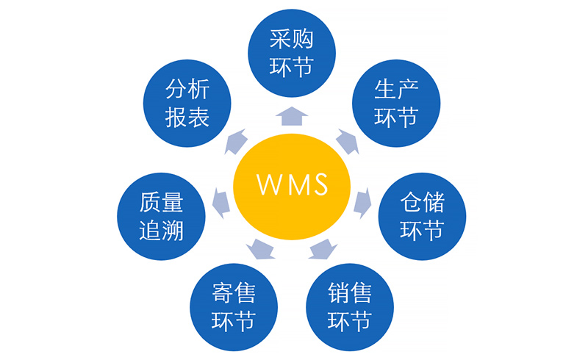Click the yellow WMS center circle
(x=292, y=183)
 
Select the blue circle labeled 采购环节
(x=292, y=52)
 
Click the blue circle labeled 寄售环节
(x=234, y=308)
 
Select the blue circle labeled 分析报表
(x=187, y=103)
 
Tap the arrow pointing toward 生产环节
(x=347, y=140)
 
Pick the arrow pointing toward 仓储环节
(x=362, y=201)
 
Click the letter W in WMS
(x=269, y=184)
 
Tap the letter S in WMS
(x=319, y=184)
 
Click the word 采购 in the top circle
(x=292, y=39)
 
